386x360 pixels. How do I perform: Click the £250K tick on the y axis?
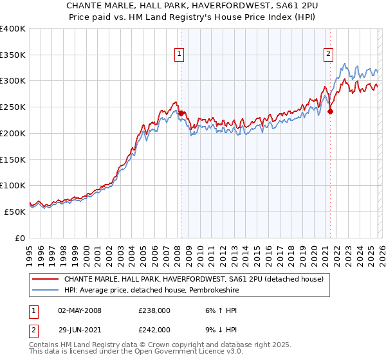pos(13,107)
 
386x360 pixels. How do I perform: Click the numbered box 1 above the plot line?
pos(178,55)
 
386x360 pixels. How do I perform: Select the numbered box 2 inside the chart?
pos(328,55)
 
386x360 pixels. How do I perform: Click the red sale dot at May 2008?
pos(181,113)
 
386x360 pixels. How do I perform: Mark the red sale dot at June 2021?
pos(331,111)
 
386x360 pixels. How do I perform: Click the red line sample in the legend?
pos(45,278)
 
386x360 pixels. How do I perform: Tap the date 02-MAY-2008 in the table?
pos(80,310)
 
